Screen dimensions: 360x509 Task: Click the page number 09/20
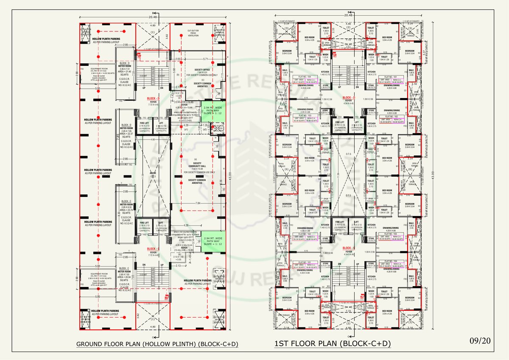click(481, 340)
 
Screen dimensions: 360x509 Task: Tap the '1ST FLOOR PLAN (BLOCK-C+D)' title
click(332, 344)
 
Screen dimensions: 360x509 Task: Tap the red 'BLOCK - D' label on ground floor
click(153, 98)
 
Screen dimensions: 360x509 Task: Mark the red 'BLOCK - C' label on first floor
click(349, 248)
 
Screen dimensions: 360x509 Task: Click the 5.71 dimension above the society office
click(205, 59)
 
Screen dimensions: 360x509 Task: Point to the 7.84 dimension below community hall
click(197, 203)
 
